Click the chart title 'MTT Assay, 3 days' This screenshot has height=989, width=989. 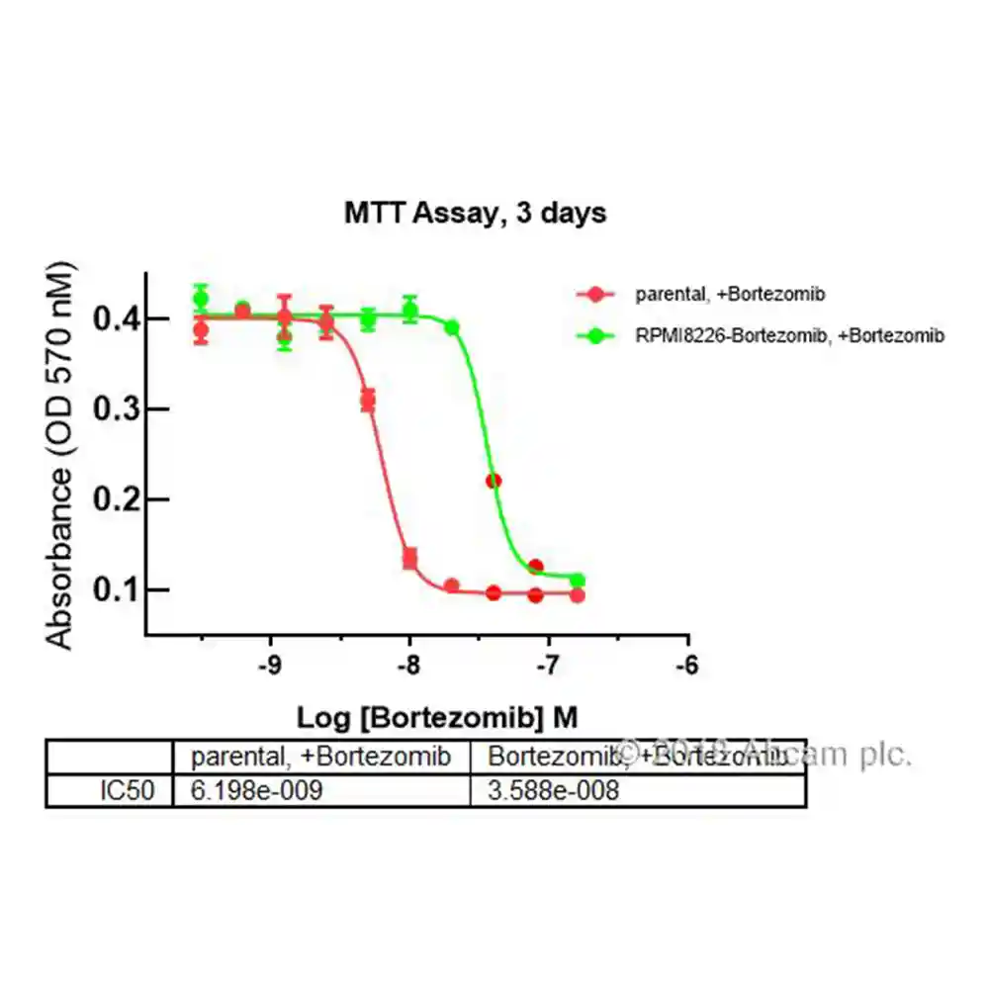point(475,213)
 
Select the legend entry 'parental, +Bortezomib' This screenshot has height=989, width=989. point(730,294)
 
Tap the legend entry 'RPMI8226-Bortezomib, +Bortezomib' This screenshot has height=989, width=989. point(789,336)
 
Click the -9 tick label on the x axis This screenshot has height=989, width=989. point(269,666)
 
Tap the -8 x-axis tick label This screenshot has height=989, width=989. point(408,666)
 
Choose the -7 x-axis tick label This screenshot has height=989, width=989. point(547,666)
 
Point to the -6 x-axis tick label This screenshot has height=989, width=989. point(685,666)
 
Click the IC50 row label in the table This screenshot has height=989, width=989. point(127,790)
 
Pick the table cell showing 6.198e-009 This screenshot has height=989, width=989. point(257,790)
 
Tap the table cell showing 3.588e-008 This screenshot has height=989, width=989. point(554,790)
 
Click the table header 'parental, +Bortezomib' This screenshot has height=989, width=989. point(321,758)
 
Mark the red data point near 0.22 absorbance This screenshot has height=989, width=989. point(494,481)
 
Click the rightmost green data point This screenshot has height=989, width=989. point(577,581)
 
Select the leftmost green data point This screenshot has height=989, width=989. point(201,299)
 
